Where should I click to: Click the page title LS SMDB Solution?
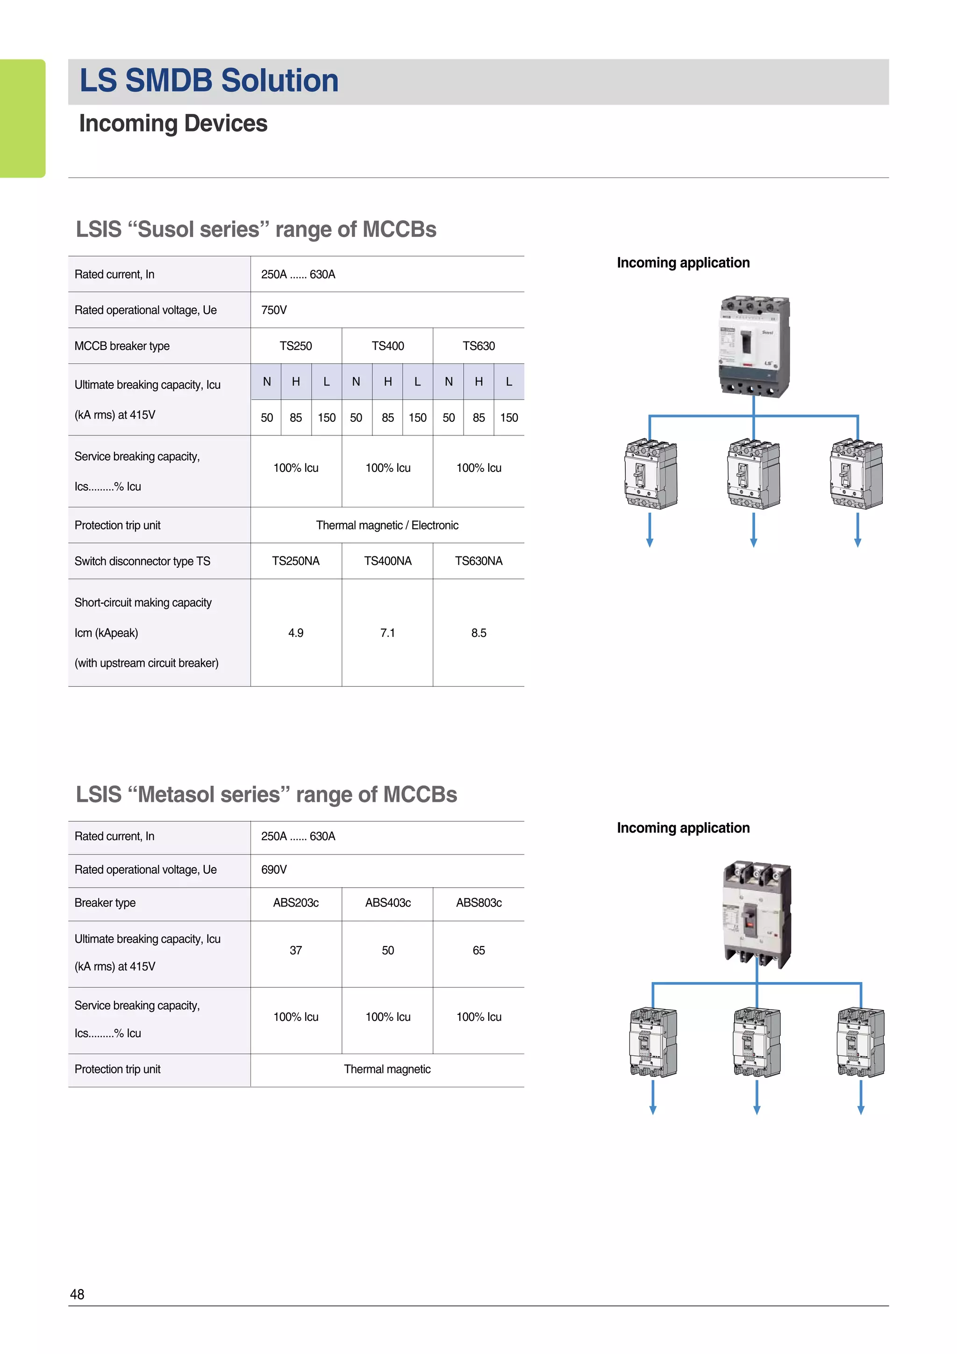pos(209,81)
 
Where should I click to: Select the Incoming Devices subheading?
pos(173,124)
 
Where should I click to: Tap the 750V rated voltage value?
pos(274,310)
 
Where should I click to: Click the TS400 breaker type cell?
pos(387,346)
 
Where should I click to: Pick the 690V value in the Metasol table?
pos(274,870)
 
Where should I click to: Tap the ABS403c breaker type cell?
pos(387,903)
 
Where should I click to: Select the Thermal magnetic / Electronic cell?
pos(387,526)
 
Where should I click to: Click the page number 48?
pos(77,1295)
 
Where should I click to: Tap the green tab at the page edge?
pos(22,118)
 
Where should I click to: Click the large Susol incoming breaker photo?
pos(754,347)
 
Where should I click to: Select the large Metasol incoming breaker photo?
pos(757,913)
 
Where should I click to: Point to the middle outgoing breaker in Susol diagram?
pos(754,474)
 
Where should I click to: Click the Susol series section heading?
pos(256,229)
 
